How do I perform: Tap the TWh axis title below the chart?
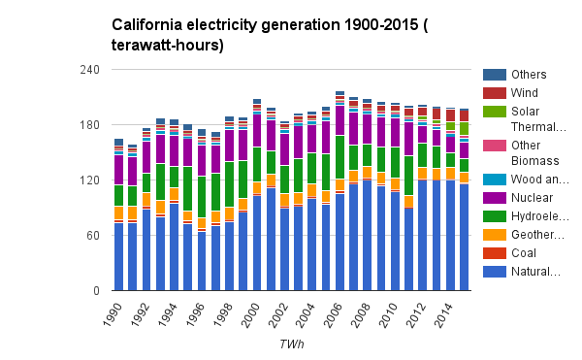[291, 344]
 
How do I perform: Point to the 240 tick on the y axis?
[90, 70]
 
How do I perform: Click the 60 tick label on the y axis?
[93, 235]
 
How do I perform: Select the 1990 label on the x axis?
[113, 314]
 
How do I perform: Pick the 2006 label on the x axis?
[333, 314]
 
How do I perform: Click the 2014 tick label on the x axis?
[443, 314]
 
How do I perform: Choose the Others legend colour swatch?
[495, 75]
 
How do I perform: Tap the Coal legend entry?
[509, 253]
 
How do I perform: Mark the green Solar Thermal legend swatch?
[495, 112]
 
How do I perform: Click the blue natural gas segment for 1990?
[118, 257]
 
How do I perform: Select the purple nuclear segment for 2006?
[340, 121]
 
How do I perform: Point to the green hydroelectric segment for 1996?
[202, 197]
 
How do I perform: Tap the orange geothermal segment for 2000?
[257, 188]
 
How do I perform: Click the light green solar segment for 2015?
[464, 128]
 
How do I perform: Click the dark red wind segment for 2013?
[436, 114]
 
